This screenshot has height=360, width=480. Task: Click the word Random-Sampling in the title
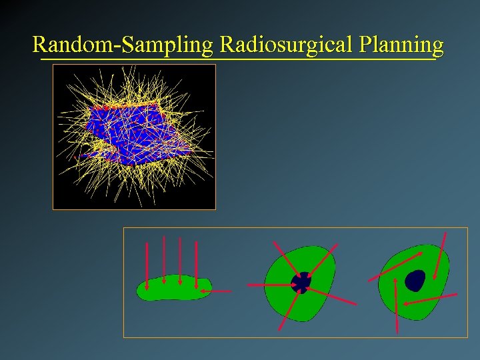click(x=123, y=45)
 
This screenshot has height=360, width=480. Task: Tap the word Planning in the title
click(x=400, y=45)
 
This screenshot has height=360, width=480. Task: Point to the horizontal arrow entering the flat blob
click(x=223, y=291)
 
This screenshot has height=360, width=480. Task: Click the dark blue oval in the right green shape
click(x=415, y=280)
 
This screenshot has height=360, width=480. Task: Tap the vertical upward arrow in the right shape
click(x=396, y=305)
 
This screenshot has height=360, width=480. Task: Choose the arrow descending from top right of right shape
click(x=441, y=256)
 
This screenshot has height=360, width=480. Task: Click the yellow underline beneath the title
click(x=237, y=59)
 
